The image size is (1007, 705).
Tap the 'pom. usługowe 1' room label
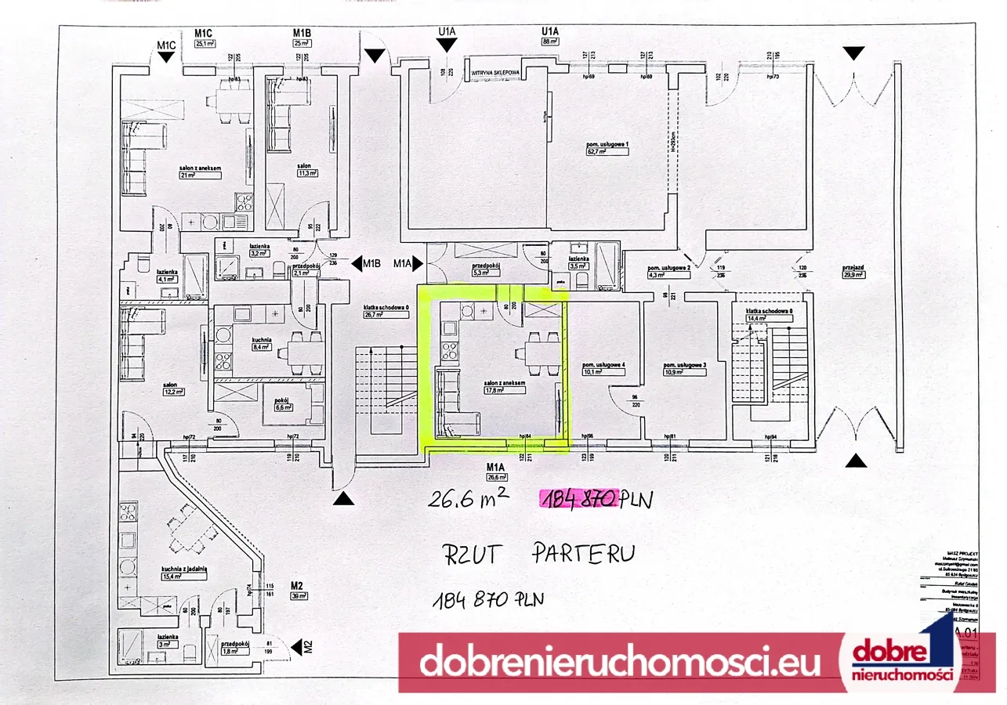(607, 145)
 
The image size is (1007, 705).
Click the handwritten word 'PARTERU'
(583, 553)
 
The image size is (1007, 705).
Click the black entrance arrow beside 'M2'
(296, 647)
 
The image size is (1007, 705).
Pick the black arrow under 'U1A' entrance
(447, 47)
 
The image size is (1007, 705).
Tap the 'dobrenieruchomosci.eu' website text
(620, 663)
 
